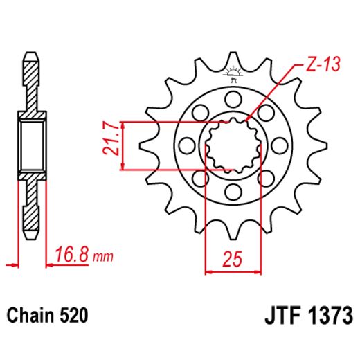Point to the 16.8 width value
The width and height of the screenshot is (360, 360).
pyautogui.click(x=71, y=258)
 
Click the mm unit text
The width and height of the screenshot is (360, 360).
pyautogui.click(x=102, y=258)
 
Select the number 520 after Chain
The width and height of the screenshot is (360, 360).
pyautogui.click(x=74, y=317)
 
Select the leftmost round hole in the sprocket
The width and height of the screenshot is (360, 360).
pyautogui.click(x=185, y=145)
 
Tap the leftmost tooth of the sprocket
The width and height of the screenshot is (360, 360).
pyautogui.click(x=146, y=146)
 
